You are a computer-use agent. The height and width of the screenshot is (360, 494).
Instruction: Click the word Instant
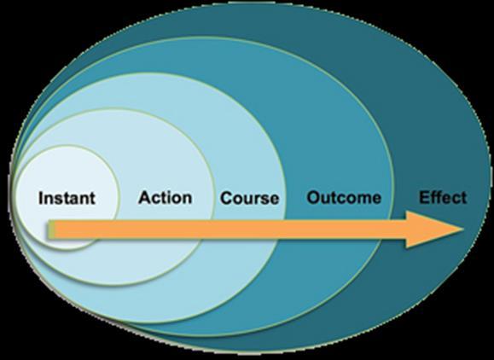(x=67, y=198)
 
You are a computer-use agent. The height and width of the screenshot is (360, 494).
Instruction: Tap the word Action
(x=165, y=197)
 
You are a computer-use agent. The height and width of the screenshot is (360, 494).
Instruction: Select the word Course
(x=249, y=198)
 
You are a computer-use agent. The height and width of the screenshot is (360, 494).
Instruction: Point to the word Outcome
(x=344, y=197)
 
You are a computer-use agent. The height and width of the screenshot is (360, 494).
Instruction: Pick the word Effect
(x=443, y=197)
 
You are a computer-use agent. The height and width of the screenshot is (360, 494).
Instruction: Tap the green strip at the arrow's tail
(x=51, y=229)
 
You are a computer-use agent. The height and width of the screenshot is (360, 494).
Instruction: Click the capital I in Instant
(x=41, y=198)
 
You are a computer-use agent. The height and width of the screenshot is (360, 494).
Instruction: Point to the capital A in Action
(x=144, y=197)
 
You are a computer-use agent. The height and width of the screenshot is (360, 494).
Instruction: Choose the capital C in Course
(x=226, y=198)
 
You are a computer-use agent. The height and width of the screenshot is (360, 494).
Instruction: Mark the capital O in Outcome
(x=314, y=197)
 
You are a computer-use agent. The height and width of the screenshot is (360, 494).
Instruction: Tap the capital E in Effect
(x=424, y=197)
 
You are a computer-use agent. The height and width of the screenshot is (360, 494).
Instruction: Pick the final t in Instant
(x=92, y=199)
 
